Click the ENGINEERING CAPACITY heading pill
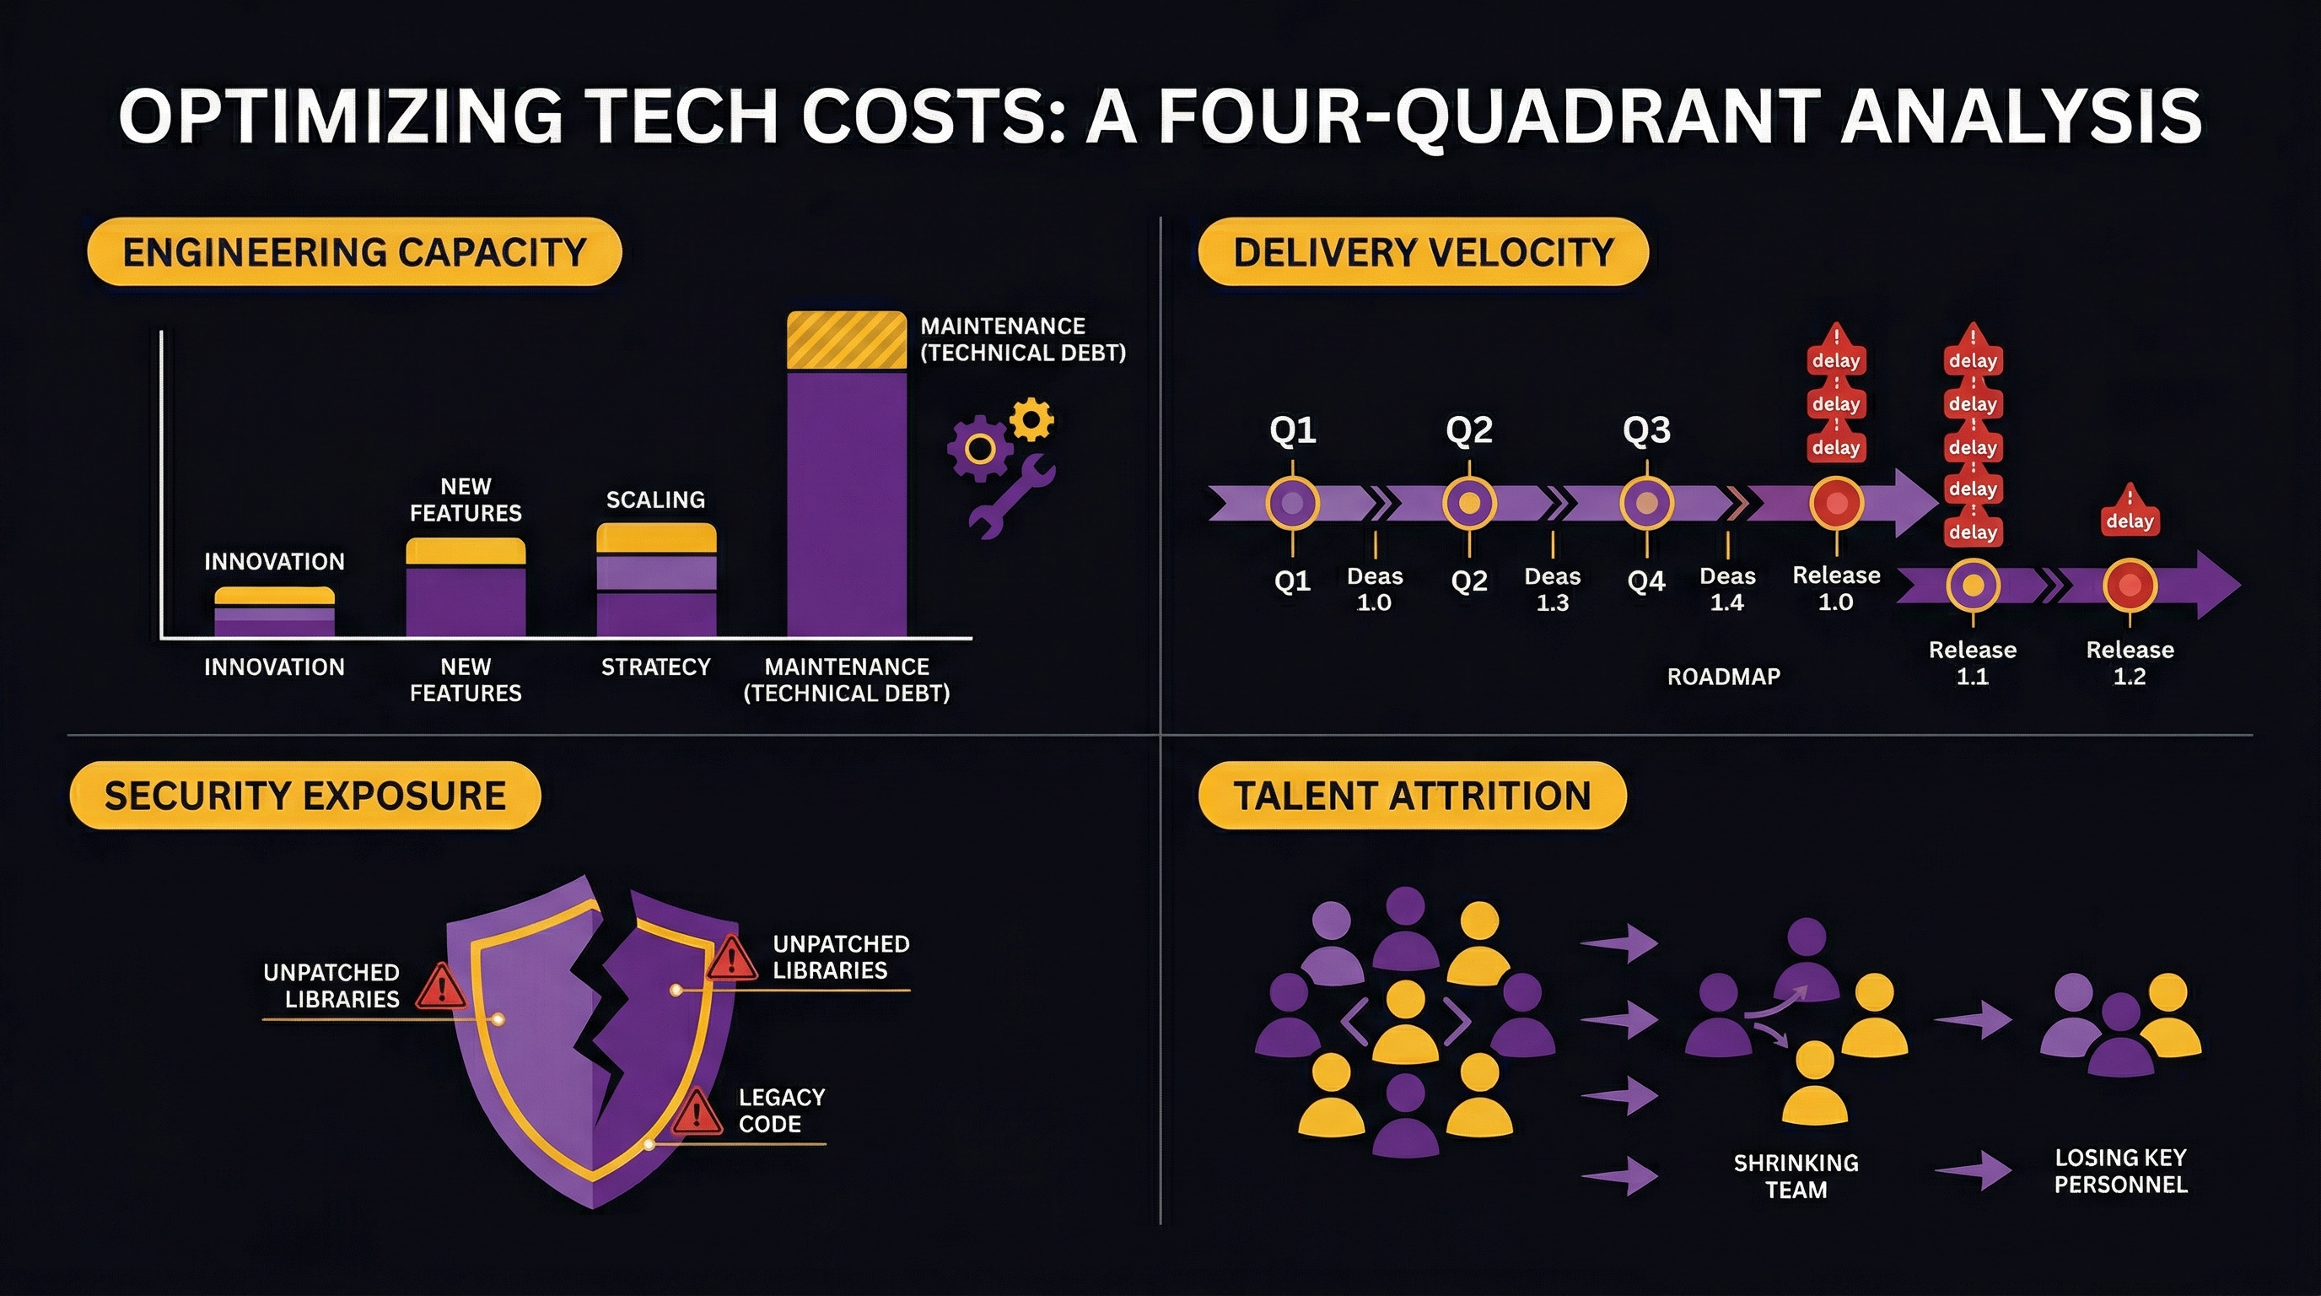click(354, 251)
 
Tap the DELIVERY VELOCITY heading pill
click(1423, 251)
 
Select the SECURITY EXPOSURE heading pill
click(304, 795)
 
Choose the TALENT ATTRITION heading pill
click(1412, 795)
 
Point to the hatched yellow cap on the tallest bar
click(846, 340)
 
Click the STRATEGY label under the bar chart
click(655, 667)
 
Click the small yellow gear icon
click(1031, 419)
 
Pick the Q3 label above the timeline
click(1646, 430)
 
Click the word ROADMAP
click(1723, 677)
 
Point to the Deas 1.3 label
click(1553, 590)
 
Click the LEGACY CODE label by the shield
click(781, 1110)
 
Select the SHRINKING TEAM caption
click(1796, 1176)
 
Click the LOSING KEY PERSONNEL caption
click(2120, 1171)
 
